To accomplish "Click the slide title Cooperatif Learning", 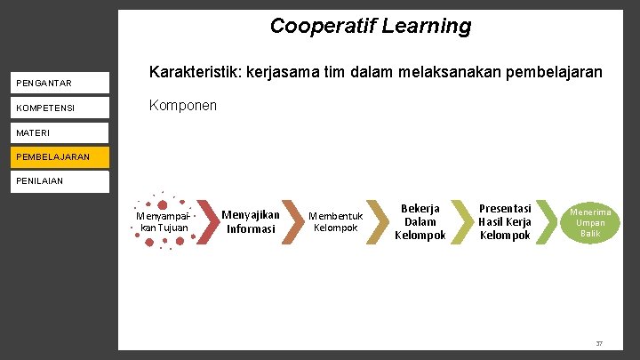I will pos(371,26).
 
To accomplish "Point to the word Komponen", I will pos(183,105).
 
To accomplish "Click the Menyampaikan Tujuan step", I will pos(162,221).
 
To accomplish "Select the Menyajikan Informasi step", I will pos(250,221).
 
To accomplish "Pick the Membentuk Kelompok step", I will pos(335,222).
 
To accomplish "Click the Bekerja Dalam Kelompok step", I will pos(420,222).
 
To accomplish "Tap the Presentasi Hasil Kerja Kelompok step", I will pos(505,222).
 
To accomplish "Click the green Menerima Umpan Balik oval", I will pos(590,222).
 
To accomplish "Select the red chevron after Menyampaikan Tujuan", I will pos(205,221).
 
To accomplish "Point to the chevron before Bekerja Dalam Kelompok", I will pos(378,221).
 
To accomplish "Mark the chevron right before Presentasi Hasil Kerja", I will pos(462,221).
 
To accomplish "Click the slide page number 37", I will pos(599,343).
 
